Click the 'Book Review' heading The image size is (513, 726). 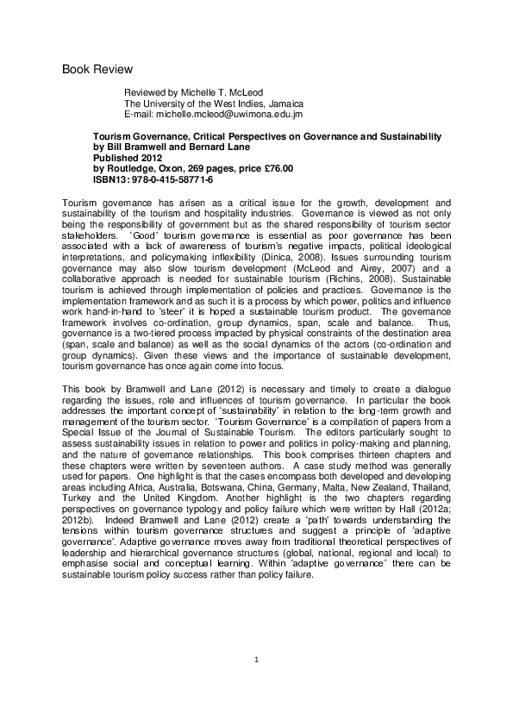click(x=97, y=69)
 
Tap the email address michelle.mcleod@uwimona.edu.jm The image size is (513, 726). click(x=228, y=114)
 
